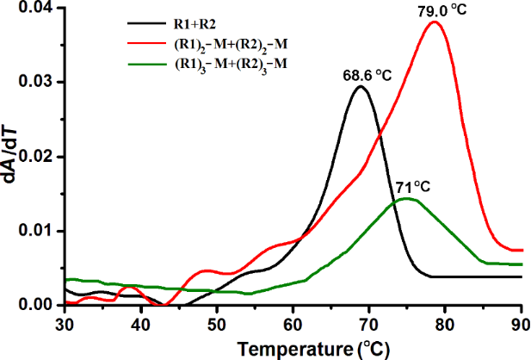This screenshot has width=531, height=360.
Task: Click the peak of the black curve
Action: [361, 86]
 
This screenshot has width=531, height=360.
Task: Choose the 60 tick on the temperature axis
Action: [293, 322]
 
